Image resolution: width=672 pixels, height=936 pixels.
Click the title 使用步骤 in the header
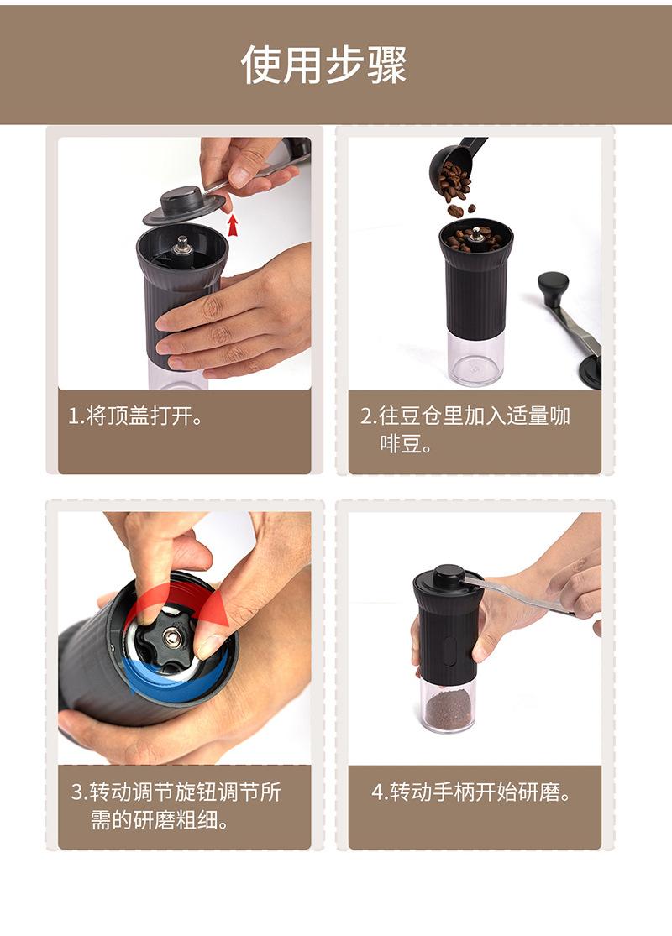tap(323, 64)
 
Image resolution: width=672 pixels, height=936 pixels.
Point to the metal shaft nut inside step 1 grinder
tap(181, 245)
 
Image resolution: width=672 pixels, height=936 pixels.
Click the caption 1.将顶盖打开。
tap(135, 416)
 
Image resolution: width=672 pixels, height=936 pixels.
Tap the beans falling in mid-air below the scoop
tap(461, 210)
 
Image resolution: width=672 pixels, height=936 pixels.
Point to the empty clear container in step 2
tap(475, 356)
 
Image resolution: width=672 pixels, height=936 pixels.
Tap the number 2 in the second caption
tap(366, 416)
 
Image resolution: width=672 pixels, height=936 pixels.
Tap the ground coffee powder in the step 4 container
tap(449, 709)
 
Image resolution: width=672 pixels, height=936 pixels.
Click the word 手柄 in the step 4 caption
tap(454, 792)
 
